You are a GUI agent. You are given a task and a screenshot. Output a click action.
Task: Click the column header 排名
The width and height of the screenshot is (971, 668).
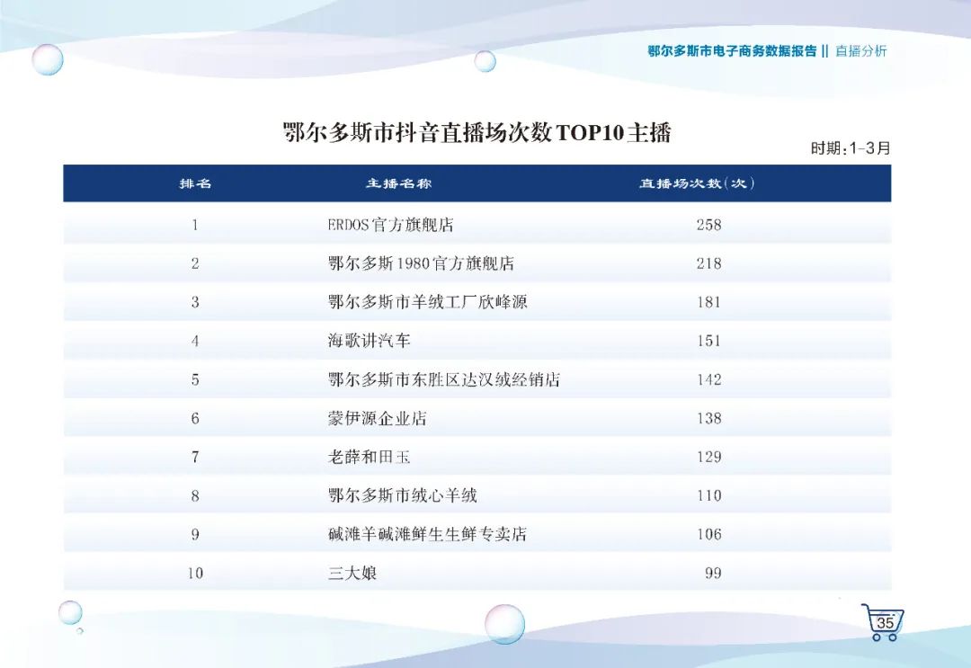195,183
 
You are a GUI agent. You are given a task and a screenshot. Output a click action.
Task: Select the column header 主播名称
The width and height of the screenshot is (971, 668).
398,183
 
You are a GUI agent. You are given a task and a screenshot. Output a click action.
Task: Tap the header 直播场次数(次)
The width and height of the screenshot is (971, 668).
697,183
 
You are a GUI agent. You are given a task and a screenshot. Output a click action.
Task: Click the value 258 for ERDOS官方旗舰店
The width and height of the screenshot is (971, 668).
708,225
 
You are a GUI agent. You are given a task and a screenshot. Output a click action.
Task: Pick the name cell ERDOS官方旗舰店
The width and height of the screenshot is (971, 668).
391,225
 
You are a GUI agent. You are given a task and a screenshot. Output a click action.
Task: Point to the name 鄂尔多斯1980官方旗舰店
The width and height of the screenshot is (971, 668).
421,263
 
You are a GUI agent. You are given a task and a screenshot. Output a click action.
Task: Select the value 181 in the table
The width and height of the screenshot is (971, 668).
708,302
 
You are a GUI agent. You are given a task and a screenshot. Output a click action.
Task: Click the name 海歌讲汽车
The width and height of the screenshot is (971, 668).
370,341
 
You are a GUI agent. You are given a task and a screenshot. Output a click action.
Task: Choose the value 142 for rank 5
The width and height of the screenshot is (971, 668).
708,379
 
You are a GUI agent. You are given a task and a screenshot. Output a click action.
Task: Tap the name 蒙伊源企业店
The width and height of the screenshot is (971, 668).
377,418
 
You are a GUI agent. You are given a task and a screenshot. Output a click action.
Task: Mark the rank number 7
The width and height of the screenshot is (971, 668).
195,457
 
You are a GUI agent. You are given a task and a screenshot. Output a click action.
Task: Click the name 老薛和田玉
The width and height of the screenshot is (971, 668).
370,457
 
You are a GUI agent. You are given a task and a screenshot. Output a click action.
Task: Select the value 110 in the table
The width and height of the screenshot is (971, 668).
708,495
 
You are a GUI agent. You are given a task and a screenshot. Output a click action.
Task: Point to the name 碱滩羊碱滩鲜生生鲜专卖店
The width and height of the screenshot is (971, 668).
427,534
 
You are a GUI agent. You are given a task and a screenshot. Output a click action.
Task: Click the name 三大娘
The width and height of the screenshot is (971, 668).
352,573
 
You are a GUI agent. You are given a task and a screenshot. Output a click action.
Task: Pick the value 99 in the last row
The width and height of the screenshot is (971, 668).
713,573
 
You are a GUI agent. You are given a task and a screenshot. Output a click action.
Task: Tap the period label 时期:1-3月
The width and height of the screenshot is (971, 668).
851,148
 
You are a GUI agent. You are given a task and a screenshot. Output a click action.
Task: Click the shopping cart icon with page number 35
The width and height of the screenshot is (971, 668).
883,621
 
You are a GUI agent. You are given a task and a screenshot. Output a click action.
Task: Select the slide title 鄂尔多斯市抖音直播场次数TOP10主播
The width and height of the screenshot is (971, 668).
477,132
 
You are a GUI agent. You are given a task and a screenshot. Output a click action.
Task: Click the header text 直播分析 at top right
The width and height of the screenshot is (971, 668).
860,50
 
